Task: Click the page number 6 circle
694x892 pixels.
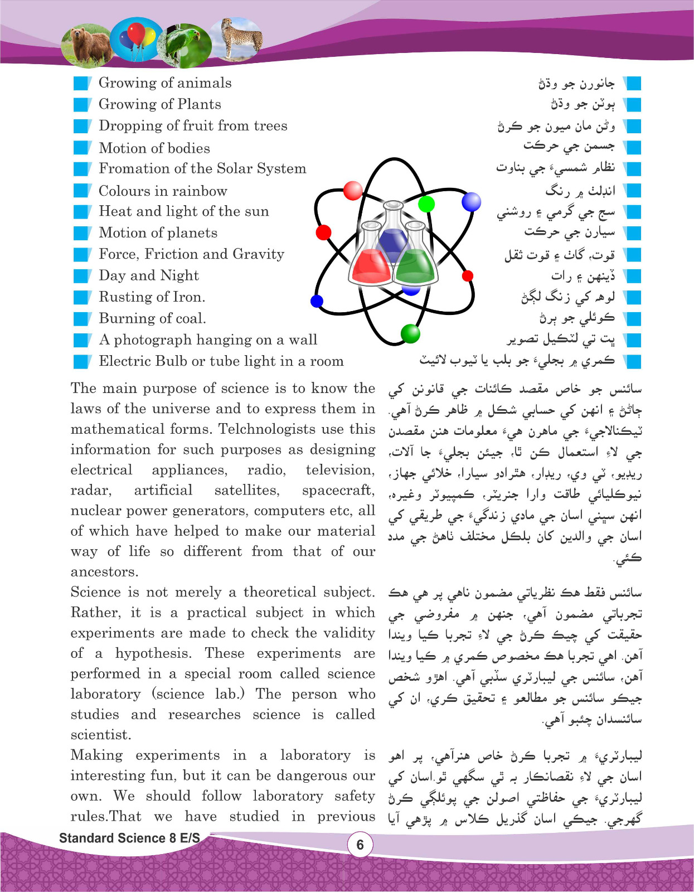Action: [x=360, y=845]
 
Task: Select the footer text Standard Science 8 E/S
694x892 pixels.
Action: [x=129, y=838]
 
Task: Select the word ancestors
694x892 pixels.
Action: [x=104, y=572]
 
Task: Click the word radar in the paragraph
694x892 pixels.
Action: [x=90, y=491]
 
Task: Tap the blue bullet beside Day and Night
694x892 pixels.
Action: [x=82, y=276]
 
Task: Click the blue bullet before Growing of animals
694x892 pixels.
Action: [x=82, y=83]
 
